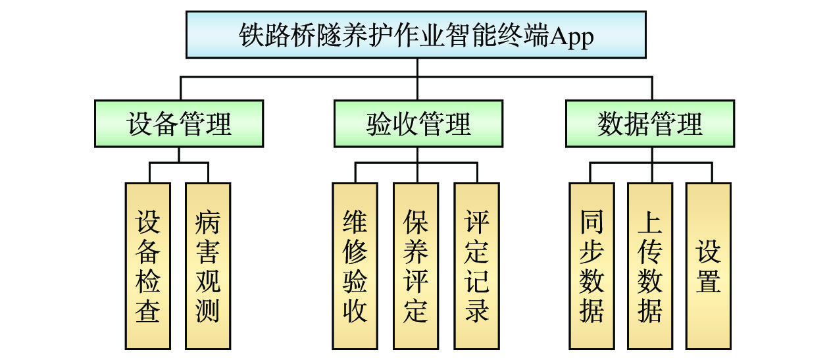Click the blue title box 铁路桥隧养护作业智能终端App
tap(416, 36)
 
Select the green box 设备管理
tap(179, 123)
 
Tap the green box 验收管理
tap(418, 123)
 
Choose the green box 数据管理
tap(650, 123)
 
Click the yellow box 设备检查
tap(148, 266)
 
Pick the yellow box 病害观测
tap(208, 266)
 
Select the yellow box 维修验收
tap(355, 266)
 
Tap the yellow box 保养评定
tap(416, 266)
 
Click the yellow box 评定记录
tap(476, 266)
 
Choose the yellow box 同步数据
tap(591, 266)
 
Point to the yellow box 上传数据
tap(650, 266)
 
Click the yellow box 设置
tap(709, 266)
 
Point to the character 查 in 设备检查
tap(148, 310)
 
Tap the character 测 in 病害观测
tap(208, 310)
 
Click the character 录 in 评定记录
tap(476, 310)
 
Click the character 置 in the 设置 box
tap(709, 281)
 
